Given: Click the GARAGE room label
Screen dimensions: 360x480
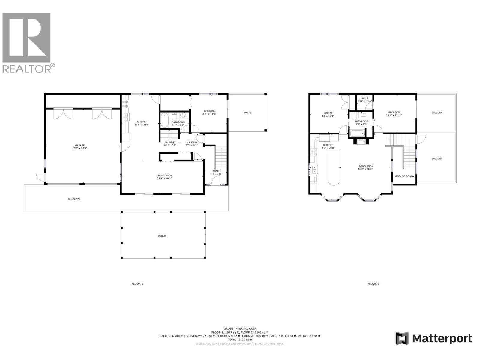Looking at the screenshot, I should coord(79,145).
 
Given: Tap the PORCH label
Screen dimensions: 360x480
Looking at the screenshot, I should coord(162,236).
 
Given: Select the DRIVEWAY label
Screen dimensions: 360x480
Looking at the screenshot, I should coord(74,199).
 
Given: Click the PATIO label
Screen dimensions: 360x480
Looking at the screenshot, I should coord(247,113).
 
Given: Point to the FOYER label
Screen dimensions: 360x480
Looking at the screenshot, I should coord(216,171).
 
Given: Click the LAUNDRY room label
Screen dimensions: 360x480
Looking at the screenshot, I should coord(170,142).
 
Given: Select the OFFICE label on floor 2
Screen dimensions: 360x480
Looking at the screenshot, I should coord(328,113).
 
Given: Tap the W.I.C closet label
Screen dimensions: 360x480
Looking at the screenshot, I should coord(365,98).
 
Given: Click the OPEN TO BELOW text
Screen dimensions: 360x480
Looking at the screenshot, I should coord(404,176).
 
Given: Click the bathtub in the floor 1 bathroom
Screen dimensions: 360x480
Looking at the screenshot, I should coord(165,121).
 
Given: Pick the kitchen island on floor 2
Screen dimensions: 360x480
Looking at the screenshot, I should coord(334,168).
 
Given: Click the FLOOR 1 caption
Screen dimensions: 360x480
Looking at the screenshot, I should coord(137,283).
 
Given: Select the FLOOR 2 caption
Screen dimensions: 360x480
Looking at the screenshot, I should coord(373,283).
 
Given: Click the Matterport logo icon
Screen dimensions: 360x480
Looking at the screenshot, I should coord(402,339).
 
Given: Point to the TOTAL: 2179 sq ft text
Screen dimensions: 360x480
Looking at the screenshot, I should coord(240,340).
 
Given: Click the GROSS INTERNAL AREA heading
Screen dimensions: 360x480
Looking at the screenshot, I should coord(240,328).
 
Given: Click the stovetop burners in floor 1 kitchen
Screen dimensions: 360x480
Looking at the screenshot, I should coord(125,103).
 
